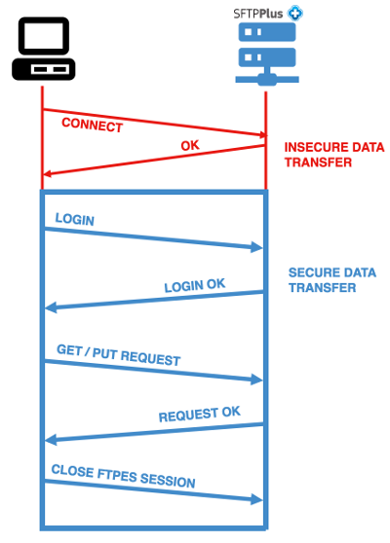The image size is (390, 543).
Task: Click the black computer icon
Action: tap(42, 51)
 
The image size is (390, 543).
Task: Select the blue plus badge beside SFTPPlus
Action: tap(295, 15)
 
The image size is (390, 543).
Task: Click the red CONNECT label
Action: tap(92, 126)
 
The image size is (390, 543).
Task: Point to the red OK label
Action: tap(191, 147)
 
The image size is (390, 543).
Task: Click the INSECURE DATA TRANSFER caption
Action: tap(333, 156)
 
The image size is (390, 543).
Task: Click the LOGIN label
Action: tap(75, 220)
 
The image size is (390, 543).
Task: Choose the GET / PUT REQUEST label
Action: tap(118, 355)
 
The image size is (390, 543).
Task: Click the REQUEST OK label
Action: tap(199, 415)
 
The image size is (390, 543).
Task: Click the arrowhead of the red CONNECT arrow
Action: tap(259, 135)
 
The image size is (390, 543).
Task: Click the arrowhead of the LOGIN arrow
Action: tap(258, 248)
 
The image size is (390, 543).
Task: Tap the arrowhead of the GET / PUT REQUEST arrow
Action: tap(258, 380)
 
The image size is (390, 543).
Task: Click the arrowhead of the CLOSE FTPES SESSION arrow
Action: tap(258, 500)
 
